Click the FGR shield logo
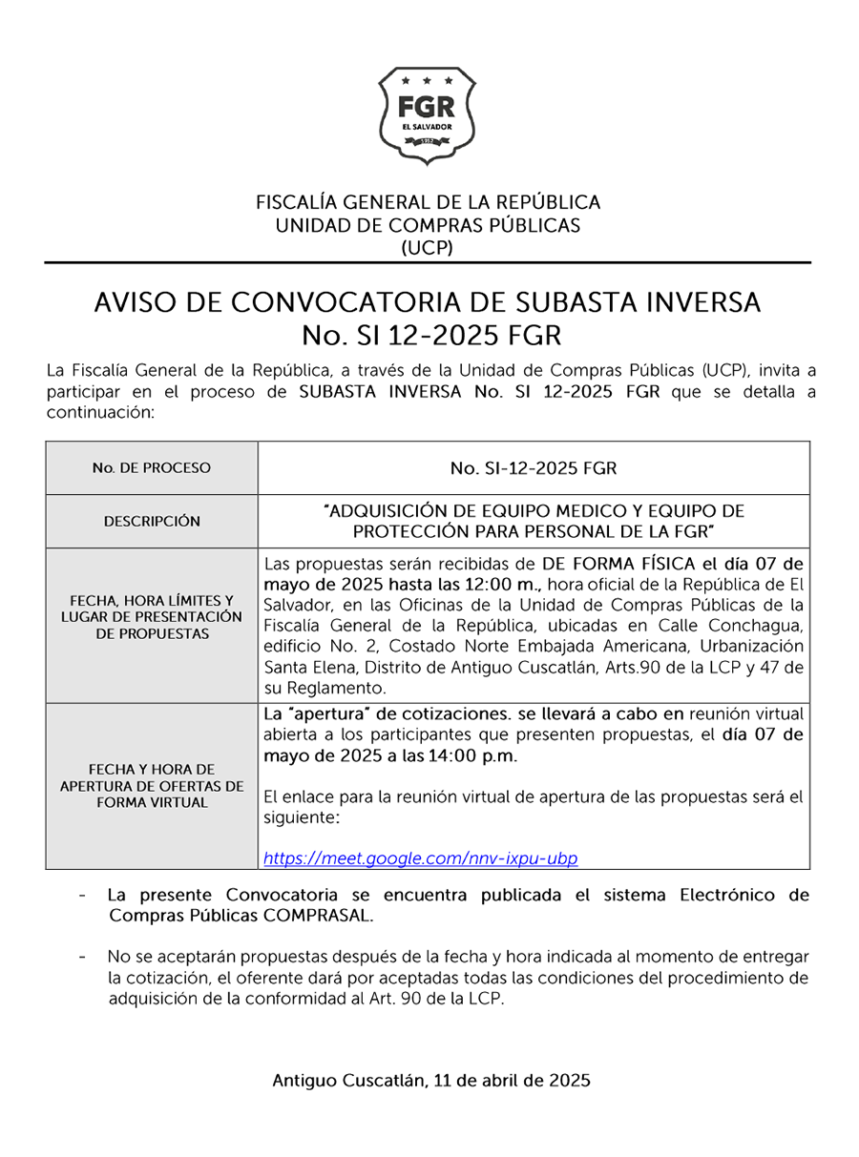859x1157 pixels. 428,115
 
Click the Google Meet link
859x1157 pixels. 420,858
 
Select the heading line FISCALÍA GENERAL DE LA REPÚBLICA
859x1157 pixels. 428,202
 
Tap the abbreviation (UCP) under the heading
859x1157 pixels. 428,248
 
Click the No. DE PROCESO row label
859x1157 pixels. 152,468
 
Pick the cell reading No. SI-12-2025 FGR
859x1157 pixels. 533,468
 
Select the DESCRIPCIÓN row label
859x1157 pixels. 152,521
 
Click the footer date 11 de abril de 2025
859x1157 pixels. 512,1081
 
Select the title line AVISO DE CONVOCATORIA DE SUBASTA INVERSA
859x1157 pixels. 428,303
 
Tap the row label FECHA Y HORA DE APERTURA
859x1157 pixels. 152,785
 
